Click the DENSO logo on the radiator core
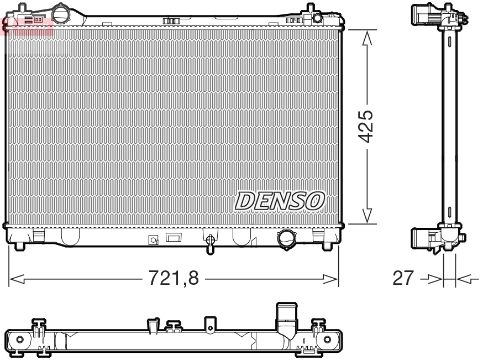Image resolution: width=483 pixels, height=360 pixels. point(280,200)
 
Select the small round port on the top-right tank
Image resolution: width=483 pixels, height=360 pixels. point(317,18)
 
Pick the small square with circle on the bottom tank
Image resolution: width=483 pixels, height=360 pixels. point(154,240)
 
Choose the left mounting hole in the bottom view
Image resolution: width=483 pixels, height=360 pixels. point(20,338)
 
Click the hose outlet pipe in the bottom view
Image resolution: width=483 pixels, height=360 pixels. point(286,318)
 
